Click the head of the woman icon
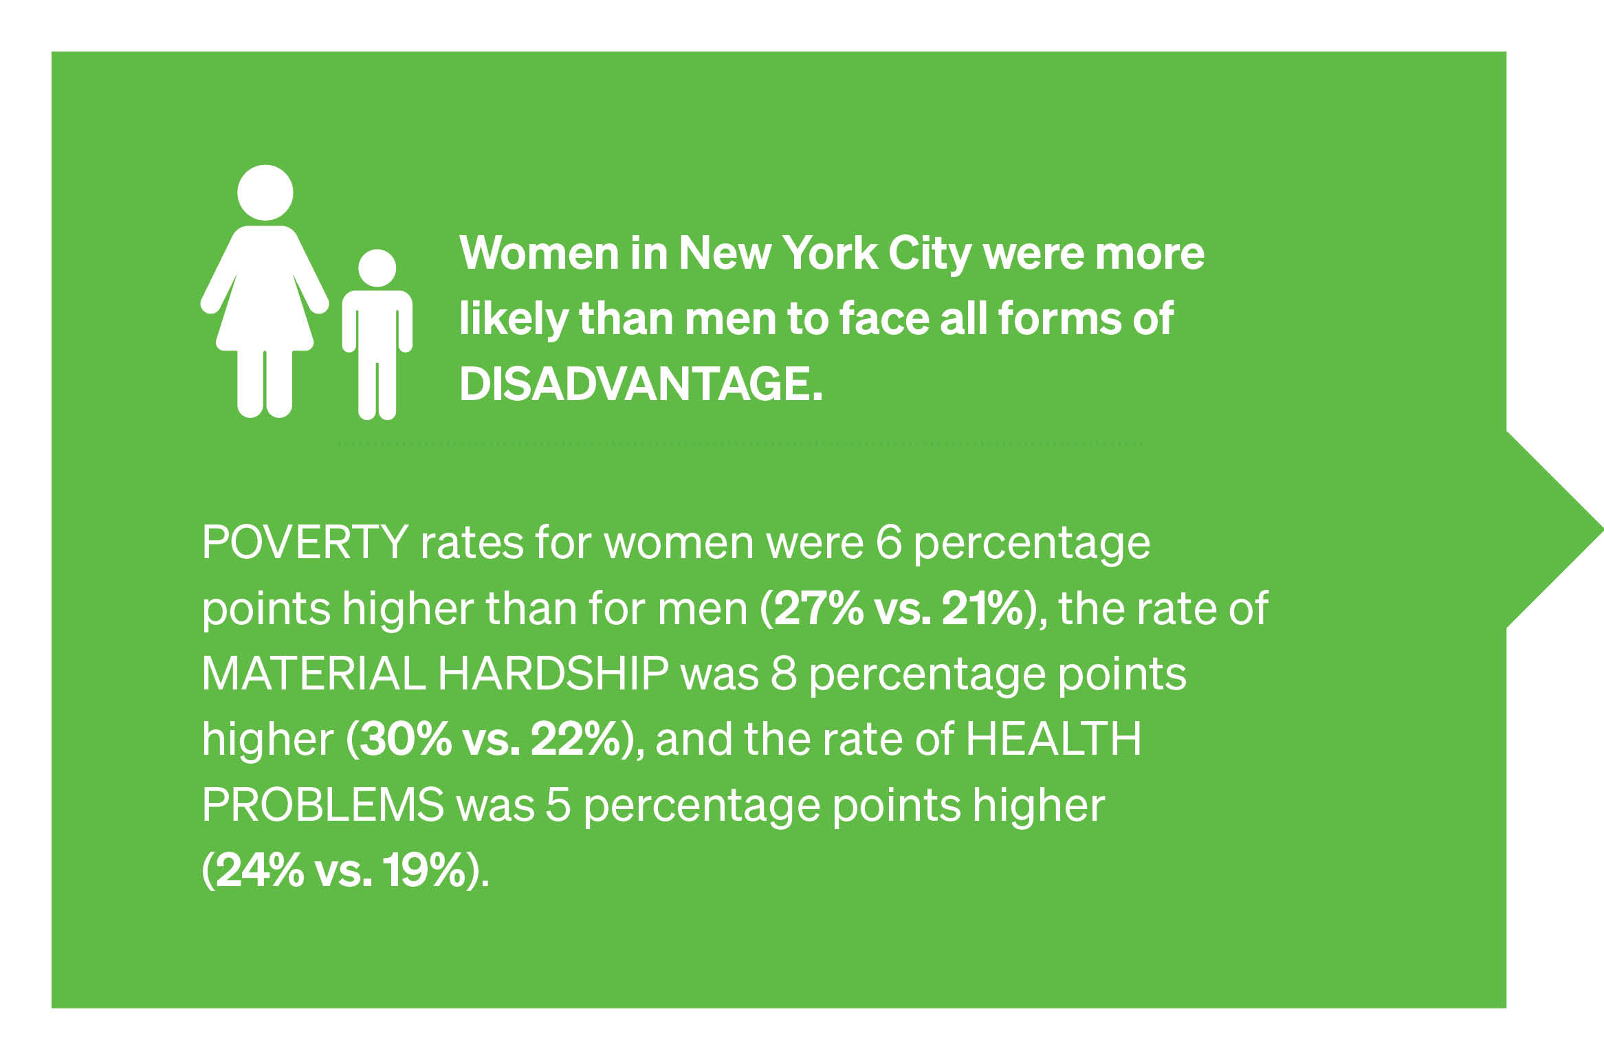[x=265, y=192]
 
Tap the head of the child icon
[x=377, y=268]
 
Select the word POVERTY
[x=305, y=542]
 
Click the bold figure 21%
[x=982, y=608]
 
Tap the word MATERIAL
[x=314, y=673]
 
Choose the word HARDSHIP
[x=553, y=673]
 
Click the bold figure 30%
[x=406, y=739]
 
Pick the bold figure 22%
[x=576, y=739]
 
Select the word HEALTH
[x=1054, y=739]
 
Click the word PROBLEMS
[x=323, y=804]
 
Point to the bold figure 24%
[x=260, y=870]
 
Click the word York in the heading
[x=830, y=253]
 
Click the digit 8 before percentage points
[x=783, y=674]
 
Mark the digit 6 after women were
[x=888, y=543]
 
